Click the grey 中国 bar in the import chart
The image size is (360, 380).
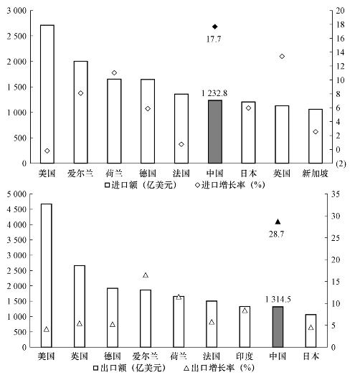point(215,132)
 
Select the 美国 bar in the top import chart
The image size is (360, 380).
point(47,94)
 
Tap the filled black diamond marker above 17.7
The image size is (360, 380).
point(215,27)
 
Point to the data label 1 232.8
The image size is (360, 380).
point(214,93)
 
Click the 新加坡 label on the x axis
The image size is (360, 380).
point(315,174)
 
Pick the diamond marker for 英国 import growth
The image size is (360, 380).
point(282,57)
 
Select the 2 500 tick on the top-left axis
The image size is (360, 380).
point(16,36)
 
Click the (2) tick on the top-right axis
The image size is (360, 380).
point(341,163)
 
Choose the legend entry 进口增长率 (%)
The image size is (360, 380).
point(229,185)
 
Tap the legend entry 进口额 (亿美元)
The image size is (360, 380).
point(141,185)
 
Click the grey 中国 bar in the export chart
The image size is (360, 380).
point(278,327)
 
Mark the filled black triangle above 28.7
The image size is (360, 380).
point(278,222)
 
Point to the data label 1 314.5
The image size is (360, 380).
point(278,300)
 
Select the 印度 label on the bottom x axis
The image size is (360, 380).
point(245,356)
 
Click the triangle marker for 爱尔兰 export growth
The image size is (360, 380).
point(146,275)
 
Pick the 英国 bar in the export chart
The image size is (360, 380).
point(80,306)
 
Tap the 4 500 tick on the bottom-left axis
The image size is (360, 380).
point(16,209)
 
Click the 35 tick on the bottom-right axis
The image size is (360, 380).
point(336,194)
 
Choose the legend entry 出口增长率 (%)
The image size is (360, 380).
point(219,368)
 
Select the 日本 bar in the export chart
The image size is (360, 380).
point(311,331)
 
